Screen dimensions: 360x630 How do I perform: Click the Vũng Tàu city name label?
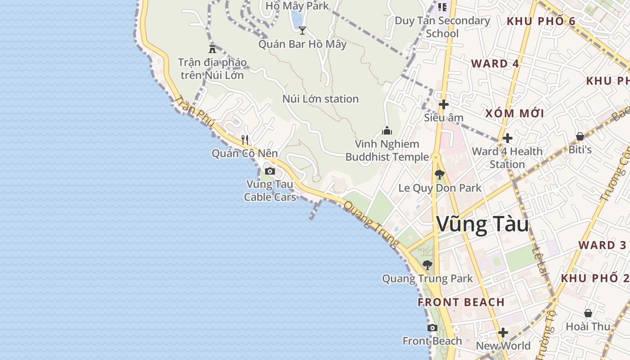[x=482, y=225]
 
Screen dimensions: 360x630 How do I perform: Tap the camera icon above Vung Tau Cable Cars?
[x=270, y=171]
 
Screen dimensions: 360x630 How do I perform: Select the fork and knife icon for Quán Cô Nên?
[x=245, y=139]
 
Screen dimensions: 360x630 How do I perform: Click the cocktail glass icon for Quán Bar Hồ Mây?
[x=302, y=31]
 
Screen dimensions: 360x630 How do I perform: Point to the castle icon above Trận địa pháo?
[x=212, y=49]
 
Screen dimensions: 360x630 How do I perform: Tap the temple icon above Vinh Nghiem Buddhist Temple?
[x=387, y=131]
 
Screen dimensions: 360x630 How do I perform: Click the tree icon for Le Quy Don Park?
[x=440, y=175]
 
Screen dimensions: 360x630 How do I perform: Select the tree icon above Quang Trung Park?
[x=427, y=265]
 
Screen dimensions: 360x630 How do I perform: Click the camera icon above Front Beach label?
[x=432, y=328]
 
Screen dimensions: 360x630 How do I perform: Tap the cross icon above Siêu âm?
[x=444, y=105]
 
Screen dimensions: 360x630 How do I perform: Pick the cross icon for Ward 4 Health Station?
[x=508, y=138]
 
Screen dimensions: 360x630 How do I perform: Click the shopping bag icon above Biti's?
[x=580, y=136]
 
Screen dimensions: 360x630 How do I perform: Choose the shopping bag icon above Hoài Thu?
[x=588, y=313]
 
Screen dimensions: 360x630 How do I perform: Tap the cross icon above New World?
[x=503, y=333]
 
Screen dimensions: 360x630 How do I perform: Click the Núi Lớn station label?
[x=320, y=99]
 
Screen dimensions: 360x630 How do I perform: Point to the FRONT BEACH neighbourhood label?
[x=461, y=302]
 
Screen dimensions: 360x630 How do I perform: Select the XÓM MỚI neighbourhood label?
[x=514, y=113]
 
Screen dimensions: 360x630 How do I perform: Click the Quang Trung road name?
[x=371, y=224]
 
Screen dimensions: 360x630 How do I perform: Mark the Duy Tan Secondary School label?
[x=442, y=27]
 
